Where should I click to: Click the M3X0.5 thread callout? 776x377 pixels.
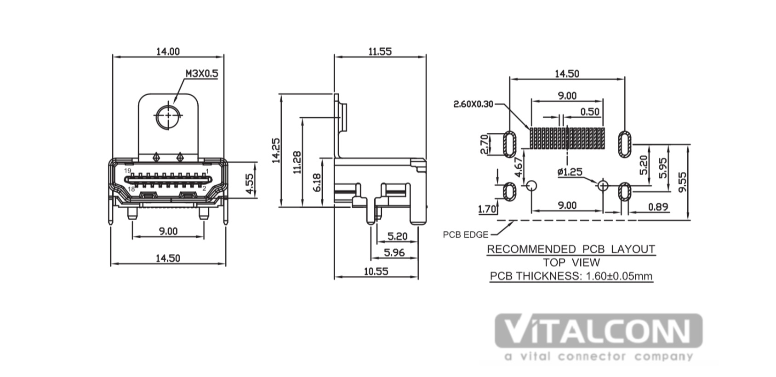tap(202, 74)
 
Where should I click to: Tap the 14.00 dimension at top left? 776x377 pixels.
tap(168, 51)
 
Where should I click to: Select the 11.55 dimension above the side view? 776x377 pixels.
tap(380, 51)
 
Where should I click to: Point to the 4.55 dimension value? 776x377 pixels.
tap(250, 184)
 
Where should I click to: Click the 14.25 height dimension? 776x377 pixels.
tap(276, 151)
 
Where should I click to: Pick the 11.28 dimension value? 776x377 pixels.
tap(297, 162)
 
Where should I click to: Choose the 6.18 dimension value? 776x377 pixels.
tap(317, 183)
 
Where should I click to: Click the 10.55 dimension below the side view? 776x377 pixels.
tap(376, 271)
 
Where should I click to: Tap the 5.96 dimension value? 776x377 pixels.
tap(394, 252)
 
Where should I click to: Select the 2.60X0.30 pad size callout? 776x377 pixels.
tap(473, 104)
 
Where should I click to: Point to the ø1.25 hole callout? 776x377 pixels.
tap(570, 172)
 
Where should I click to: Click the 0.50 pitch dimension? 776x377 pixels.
tap(590, 112)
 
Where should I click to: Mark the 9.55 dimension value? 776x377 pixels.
tap(682, 182)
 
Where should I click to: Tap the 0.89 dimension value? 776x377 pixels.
tap(658, 207)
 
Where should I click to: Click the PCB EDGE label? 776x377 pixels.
tap(466, 235)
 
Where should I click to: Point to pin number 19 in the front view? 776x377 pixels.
tap(127, 171)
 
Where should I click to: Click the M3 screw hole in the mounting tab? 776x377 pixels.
tap(168, 115)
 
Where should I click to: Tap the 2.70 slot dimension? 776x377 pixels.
tap(484, 144)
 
